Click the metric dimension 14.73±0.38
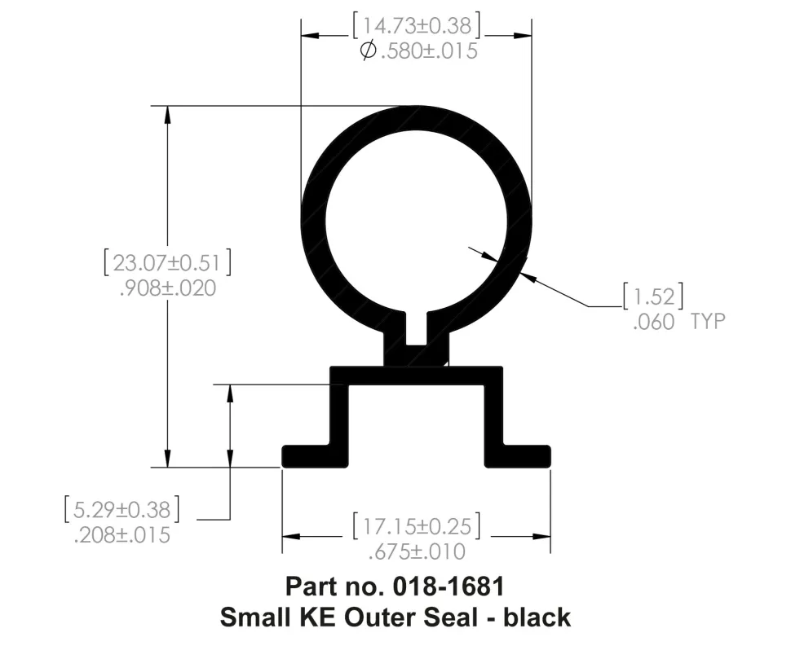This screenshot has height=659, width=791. tap(416, 25)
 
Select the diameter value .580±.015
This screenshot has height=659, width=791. tap(427, 51)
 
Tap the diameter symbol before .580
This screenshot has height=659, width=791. tap(368, 51)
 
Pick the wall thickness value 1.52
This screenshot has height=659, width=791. tap(652, 296)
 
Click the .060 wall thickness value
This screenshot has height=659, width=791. tap(653, 322)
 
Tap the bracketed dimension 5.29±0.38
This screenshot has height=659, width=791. tap(122, 510)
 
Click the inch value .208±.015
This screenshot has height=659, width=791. tap(122, 535)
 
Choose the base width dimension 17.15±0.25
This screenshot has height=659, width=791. tap(416, 525)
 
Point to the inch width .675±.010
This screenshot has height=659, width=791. tap(417, 551)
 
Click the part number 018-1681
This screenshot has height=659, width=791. tap(452, 586)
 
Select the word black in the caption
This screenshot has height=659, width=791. tap(537, 617)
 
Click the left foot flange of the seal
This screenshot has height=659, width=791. tap(307, 455)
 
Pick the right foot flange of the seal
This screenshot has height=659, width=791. tap(526, 455)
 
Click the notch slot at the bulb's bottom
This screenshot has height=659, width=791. tap(417, 328)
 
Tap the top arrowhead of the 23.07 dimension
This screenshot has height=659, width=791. tap(168, 113)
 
